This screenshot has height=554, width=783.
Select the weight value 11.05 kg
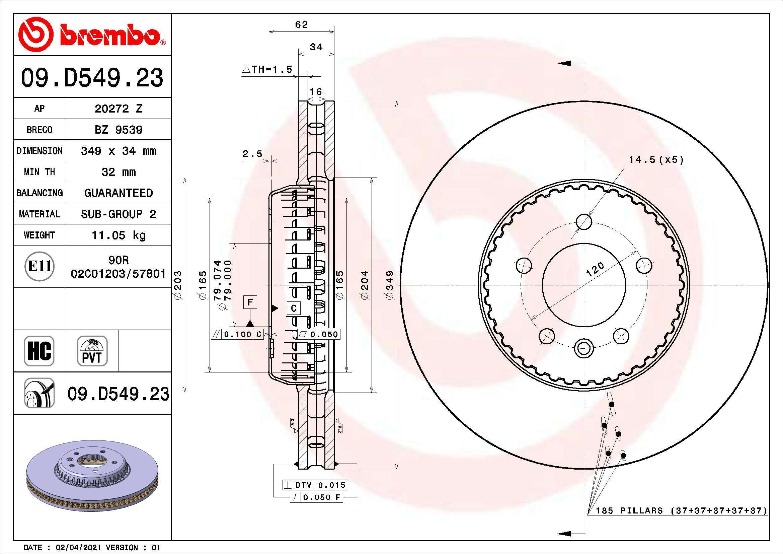[118, 235]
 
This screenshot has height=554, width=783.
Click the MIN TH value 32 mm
[118, 172]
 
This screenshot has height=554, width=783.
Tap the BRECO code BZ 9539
[118, 130]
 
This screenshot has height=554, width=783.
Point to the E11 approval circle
[40, 266]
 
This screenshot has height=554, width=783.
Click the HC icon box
[39, 351]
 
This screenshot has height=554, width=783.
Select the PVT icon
[92, 351]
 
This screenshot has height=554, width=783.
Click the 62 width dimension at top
[301, 24]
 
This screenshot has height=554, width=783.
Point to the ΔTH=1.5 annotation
[267, 70]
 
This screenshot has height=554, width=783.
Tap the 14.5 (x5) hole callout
[656, 160]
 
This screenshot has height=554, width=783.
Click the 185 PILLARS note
[681, 511]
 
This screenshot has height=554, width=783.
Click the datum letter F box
[250, 302]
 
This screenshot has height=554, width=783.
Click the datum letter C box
[293, 308]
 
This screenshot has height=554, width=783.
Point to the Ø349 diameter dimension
[390, 285]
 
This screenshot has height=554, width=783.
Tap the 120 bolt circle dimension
[595, 269]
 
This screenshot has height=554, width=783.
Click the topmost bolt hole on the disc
[583, 222]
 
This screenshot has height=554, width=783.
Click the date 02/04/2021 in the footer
[78, 548]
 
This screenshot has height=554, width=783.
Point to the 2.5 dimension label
[252, 154]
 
